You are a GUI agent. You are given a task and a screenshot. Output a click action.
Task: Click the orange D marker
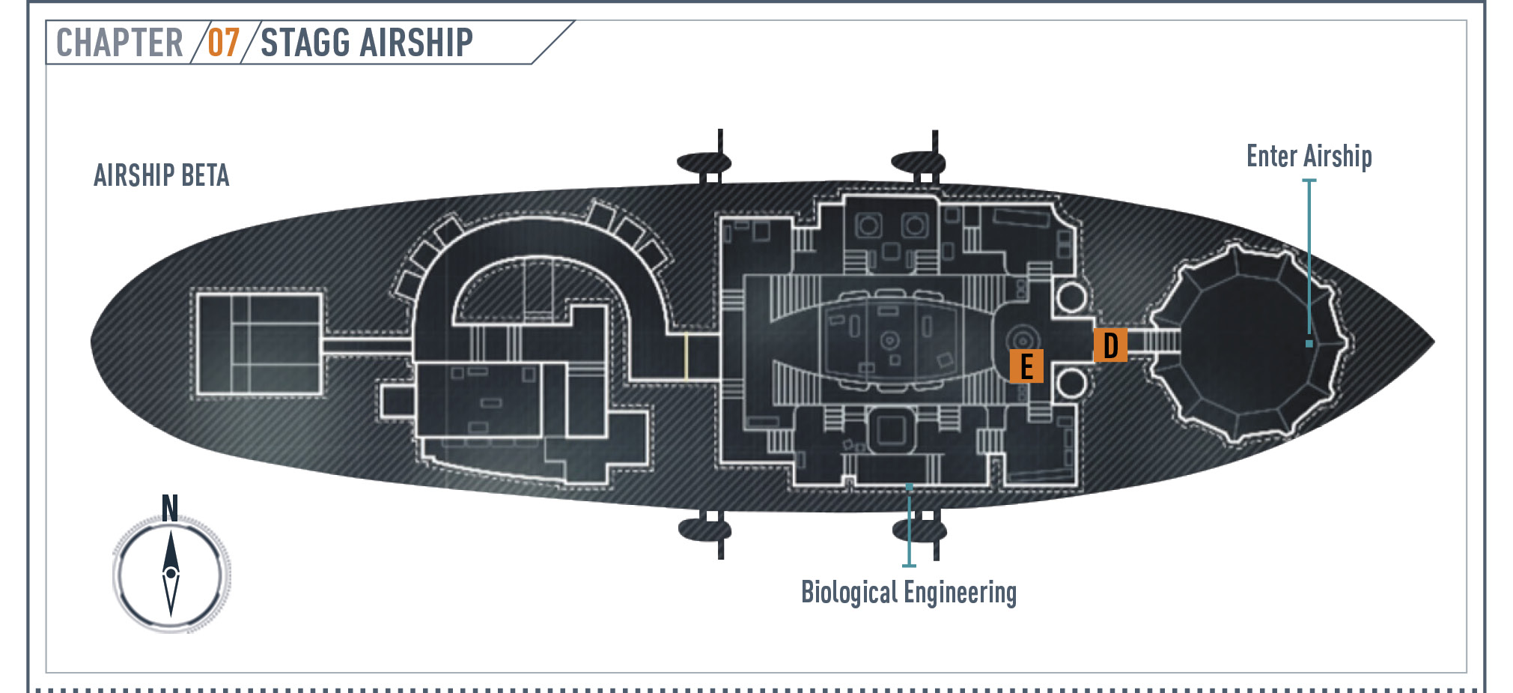(x=1110, y=345)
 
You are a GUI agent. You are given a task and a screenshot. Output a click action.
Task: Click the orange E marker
(x=1026, y=366)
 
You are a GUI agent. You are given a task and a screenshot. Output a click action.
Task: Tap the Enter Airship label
(x=1309, y=157)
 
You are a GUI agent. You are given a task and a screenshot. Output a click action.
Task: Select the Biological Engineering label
(x=909, y=593)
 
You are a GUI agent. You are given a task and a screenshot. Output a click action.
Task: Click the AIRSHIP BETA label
(x=162, y=176)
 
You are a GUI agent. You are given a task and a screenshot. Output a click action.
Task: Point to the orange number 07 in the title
(x=223, y=43)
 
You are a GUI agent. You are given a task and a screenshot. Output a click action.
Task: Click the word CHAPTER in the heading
(x=120, y=43)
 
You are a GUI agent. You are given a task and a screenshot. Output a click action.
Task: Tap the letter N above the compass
(x=170, y=509)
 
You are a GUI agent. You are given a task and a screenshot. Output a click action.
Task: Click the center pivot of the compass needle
(x=171, y=574)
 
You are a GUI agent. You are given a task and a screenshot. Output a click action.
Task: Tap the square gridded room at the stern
(x=259, y=343)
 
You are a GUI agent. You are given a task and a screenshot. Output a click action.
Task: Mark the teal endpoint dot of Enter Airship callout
(x=1309, y=344)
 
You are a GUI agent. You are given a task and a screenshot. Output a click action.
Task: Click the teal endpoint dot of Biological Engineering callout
(x=909, y=487)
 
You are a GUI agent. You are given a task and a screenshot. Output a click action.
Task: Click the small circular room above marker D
(x=1071, y=297)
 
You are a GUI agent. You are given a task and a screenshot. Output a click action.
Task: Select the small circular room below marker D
(x=1071, y=383)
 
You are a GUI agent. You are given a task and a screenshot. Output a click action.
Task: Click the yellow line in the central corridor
(x=686, y=356)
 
